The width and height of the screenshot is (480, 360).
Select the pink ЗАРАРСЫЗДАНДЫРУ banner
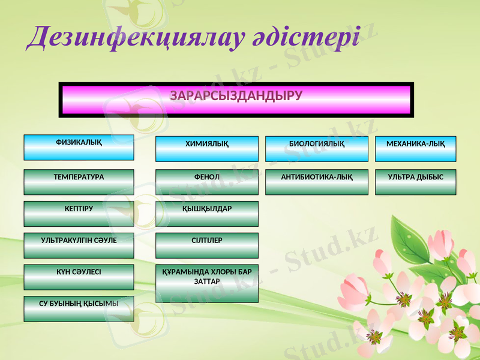(x=236, y=100)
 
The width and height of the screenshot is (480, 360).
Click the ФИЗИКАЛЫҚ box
(x=79, y=147)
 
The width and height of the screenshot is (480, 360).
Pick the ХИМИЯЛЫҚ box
(x=207, y=149)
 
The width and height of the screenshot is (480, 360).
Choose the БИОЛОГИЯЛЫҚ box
(x=317, y=149)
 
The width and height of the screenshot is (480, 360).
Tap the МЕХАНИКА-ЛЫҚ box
(x=415, y=149)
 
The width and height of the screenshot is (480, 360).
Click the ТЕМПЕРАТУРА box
(x=79, y=182)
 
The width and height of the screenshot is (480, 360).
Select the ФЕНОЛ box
(x=207, y=182)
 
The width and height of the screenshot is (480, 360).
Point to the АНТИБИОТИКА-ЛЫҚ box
(x=317, y=182)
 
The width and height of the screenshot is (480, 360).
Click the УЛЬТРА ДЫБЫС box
(x=415, y=182)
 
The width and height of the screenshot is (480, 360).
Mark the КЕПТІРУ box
(x=79, y=214)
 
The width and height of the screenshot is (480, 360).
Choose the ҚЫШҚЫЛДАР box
(x=207, y=214)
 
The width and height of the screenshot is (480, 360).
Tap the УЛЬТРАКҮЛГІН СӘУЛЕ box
(x=79, y=245)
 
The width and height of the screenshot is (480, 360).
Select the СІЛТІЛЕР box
(x=207, y=245)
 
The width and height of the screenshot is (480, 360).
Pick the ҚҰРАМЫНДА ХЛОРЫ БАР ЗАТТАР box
(x=207, y=283)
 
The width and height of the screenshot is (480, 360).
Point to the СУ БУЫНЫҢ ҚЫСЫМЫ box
(x=79, y=308)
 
